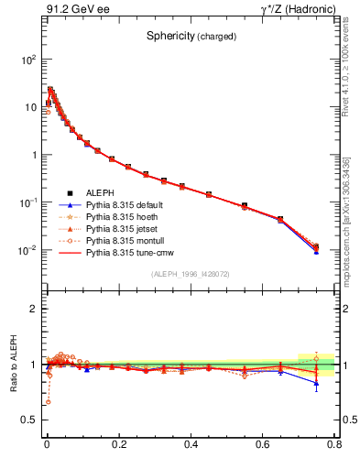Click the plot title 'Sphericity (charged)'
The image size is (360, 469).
point(191,37)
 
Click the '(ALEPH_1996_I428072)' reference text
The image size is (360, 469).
point(191,274)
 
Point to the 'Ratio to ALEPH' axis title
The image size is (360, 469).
point(15,365)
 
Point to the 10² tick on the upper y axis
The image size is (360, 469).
point(27,59)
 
